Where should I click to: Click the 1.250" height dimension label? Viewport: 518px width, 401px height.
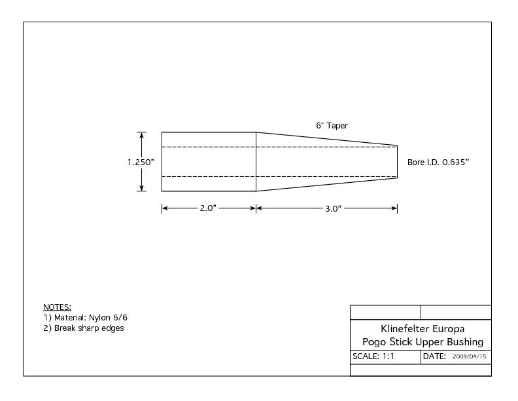pyautogui.click(x=141, y=162)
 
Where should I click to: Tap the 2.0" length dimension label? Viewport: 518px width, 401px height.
pyautogui.click(x=208, y=208)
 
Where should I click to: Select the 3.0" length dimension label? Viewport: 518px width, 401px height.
pyautogui.click(x=334, y=208)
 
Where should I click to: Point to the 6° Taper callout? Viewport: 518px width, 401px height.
pyautogui.click(x=332, y=126)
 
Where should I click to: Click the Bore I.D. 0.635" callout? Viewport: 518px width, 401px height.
pyautogui.click(x=438, y=162)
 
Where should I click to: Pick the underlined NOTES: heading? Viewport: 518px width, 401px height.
pyautogui.click(x=57, y=307)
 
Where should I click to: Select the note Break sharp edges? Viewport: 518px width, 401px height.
pyautogui.click(x=89, y=328)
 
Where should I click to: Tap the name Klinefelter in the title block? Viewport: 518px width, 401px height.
pyautogui.click(x=405, y=329)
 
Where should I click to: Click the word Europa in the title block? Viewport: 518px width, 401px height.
pyautogui.click(x=448, y=329)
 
